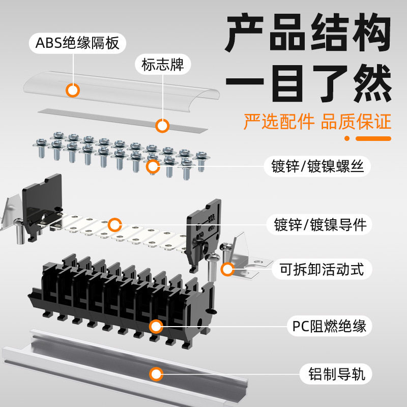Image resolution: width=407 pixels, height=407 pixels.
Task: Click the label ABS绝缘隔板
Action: (x=78, y=43)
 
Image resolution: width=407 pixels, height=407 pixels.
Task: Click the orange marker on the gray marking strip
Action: (x=162, y=125)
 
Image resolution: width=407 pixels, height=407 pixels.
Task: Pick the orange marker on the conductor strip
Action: (x=115, y=224)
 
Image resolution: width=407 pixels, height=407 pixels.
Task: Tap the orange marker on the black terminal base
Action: (x=156, y=326)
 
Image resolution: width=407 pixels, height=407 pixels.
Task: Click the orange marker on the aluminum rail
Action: (x=156, y=374)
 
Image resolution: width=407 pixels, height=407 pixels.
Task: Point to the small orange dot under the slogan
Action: (x=347, y=138)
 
